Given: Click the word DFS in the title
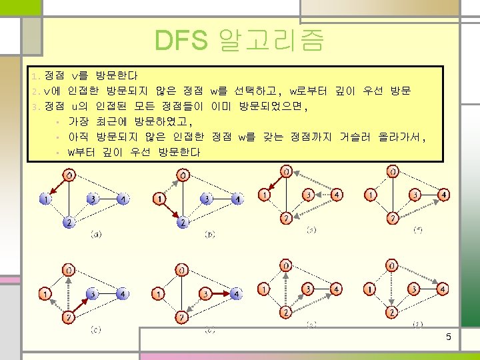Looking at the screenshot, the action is [179, 41].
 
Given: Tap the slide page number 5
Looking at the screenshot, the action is [449, 337].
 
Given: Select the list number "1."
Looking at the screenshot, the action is [37, 76].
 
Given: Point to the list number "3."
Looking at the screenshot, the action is [37, 107].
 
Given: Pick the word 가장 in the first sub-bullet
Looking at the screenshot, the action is [78, 122].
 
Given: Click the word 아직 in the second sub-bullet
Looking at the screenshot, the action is [78, 137].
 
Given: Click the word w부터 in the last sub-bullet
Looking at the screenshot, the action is [81, 153].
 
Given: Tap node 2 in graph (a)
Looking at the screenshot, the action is [69, 223].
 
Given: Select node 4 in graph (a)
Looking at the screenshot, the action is [123, 199].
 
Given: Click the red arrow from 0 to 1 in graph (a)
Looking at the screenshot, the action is [57, 187].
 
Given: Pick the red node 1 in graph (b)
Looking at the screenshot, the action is [159, 199].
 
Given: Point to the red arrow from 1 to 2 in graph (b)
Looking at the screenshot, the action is [171, 210].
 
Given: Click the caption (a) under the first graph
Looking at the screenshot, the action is [96, 234].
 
